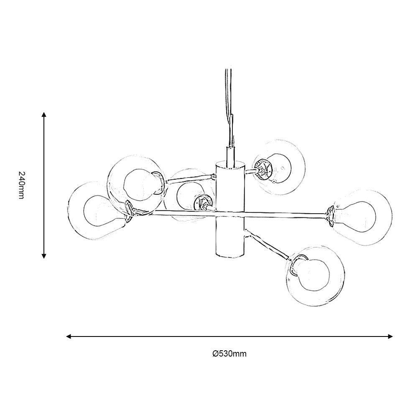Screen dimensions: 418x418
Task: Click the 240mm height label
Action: tap(21, 185)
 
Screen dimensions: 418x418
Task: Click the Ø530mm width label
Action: tap(229, 354)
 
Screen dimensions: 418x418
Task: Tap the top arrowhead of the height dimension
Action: tap(44, 115)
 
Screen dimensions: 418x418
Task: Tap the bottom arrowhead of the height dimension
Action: tap(44, 256)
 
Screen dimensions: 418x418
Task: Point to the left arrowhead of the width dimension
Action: tap(69, 336)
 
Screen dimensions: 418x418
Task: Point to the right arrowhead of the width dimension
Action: tap(390, 336)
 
